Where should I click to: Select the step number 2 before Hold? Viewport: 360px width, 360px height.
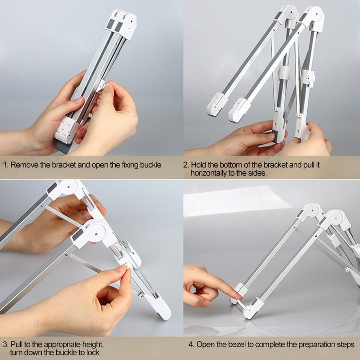[x=186, y=165]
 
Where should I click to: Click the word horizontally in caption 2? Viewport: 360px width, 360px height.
[x=212, y=172]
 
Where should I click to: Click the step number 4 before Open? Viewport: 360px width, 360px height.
[x=190, y=345]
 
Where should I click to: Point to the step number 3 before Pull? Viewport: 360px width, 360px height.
[x=5, y=345]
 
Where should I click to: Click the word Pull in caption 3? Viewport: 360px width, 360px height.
[x=17, y=345]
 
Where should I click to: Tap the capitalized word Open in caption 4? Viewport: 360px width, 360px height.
[x=205, y=345]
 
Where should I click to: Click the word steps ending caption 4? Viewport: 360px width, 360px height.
[x=345, y=345]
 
